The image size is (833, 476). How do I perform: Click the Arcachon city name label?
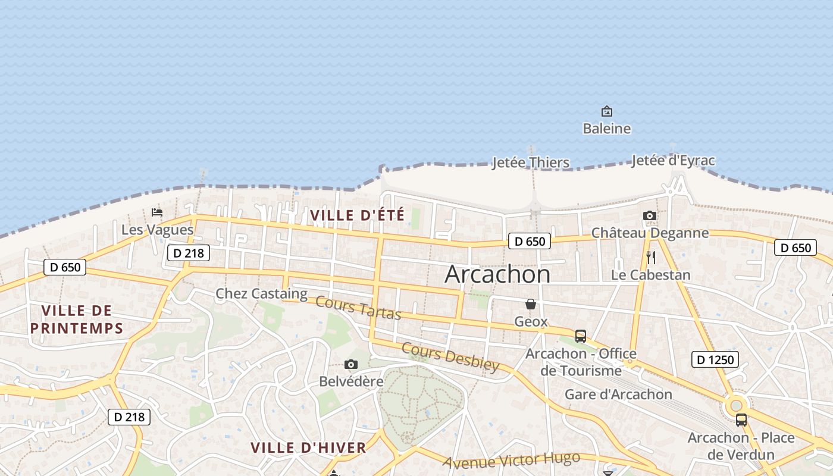tap(497, 274)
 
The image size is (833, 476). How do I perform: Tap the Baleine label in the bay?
tap(606, 129)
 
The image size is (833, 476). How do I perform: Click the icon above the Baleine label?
tap(606, 111)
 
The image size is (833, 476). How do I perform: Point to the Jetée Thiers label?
tap(530, 162)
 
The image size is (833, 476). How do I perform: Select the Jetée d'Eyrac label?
tap(673, 161)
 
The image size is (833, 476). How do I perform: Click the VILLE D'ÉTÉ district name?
tap(358, 215)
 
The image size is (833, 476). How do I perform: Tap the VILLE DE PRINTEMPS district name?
tap(77, 319)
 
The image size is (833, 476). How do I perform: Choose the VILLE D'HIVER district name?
tap(308, 448)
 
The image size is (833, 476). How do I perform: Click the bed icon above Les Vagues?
tap(157, 212)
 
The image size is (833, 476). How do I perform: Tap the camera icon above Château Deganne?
tap(650, 215)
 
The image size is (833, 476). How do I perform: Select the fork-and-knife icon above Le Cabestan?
tap(651, 258)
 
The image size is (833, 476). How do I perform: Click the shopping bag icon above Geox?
tap(531, 304)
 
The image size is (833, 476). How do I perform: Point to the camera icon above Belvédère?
tap(351, 364)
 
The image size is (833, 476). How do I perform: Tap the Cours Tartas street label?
tap(358, 308)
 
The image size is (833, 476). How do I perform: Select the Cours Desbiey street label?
tap(450, 356)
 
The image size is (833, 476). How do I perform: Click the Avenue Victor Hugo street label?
tap(512, 461)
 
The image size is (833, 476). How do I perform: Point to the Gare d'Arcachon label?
tap(618, 394)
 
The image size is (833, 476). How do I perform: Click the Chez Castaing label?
tap(261, 293)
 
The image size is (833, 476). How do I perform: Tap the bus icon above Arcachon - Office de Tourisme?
tap(581, 336)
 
